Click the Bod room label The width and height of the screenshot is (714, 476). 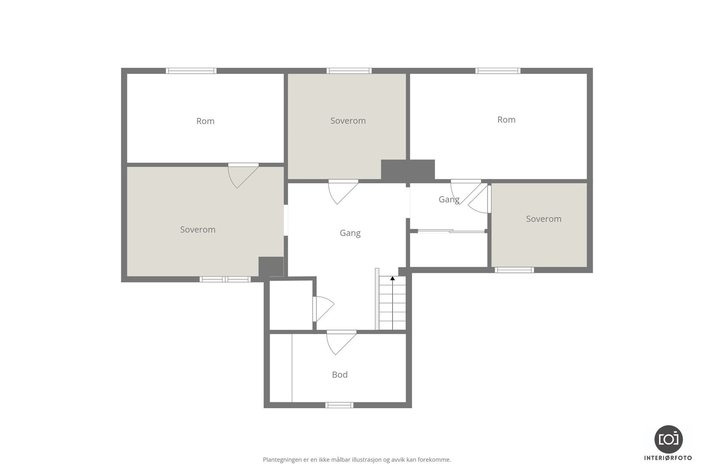coord(340,375)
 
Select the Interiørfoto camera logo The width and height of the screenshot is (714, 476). coord(668,439)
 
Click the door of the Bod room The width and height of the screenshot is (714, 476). coord(341,342)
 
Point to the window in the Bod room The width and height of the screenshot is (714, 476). coord(339,405)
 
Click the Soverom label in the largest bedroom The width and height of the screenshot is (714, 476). coord(198,230)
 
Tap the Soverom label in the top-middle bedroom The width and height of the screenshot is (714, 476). coord(348,121)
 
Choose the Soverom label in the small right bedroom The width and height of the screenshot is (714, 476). coord(544,219)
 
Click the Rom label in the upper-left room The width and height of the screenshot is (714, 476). coord(205,121)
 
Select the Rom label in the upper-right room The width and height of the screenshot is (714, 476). coord(506,120)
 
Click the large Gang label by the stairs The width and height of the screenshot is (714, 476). coord(350,233)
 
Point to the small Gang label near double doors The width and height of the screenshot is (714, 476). coord(448,199)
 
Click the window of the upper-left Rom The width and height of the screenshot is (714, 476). coord(191,70)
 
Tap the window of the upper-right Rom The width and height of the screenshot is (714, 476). coord(498,70)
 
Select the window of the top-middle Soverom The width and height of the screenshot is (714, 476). coord(349,70)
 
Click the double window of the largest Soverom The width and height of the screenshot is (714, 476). coord(225,279)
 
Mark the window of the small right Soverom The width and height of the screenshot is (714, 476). coord(514,270)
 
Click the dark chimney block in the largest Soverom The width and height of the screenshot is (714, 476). coord(271,267)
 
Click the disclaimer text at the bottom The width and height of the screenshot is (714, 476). coord(357,459)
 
